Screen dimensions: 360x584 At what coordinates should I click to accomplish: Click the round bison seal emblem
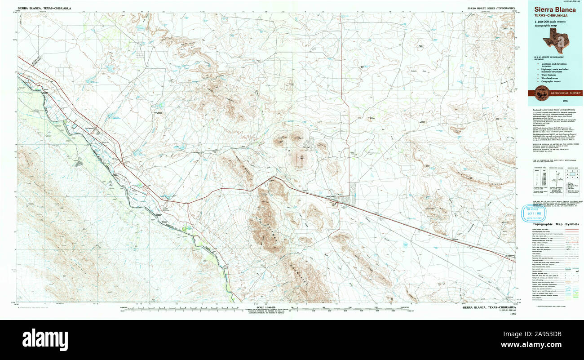tap(540, 93)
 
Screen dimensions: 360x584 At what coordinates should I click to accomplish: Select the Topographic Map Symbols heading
tap(556, 224)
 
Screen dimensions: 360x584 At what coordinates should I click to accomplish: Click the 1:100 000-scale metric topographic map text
tap(553, 24)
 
